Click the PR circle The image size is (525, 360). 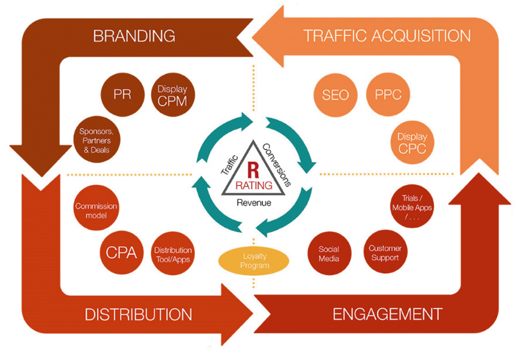(x=122, y=95)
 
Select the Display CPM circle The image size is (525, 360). (x=172, y=95)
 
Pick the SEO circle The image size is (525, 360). (x=335, y=95)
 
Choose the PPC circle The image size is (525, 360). (x=387, y=95)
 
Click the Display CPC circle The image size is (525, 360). (x=412, y=142)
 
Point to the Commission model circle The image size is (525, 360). (x=96, y=211)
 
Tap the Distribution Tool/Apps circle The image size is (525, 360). (x=173, y=254)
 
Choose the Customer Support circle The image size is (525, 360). (x=385, y=253)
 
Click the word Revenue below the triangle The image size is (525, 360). (x=254, y=202)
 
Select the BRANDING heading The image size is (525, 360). (x=134, y=36)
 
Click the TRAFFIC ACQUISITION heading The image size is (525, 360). (x=387, y=36)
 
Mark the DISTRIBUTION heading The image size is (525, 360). (x=138, y=315)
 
